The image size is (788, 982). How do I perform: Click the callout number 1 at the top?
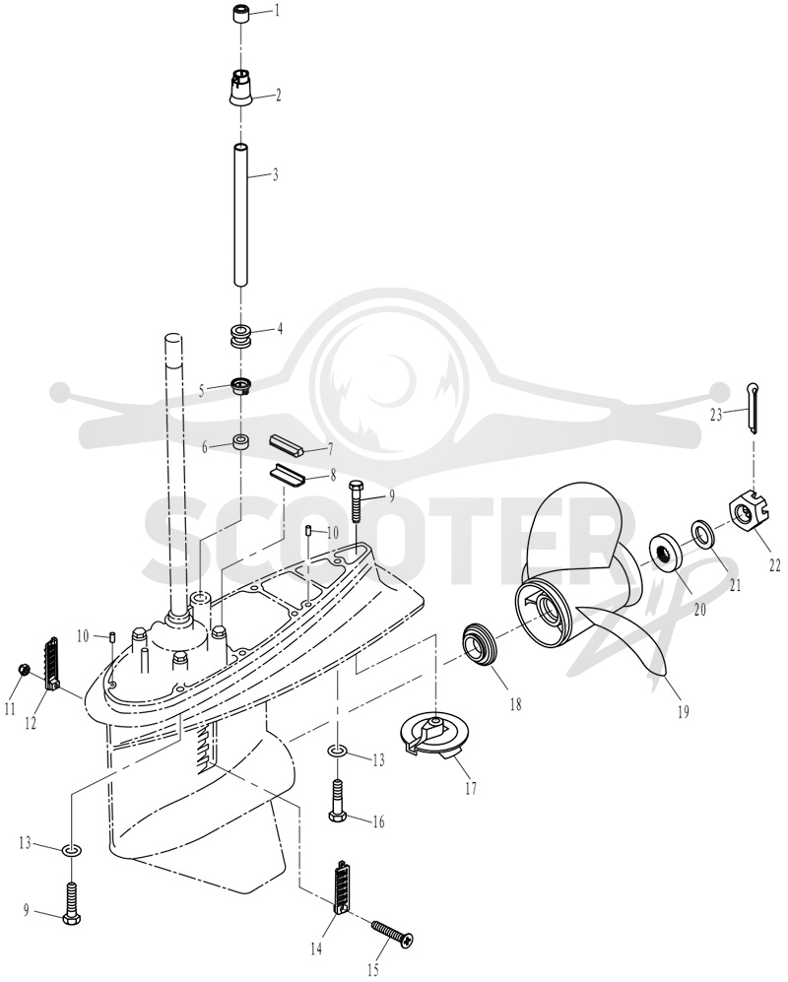277,11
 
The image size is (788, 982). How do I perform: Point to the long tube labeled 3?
241,215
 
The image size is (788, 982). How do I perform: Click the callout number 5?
202,391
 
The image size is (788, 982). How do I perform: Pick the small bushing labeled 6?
241,443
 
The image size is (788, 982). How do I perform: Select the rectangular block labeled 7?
287,443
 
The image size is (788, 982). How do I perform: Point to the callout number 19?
684,711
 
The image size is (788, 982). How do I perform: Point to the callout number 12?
31,723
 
